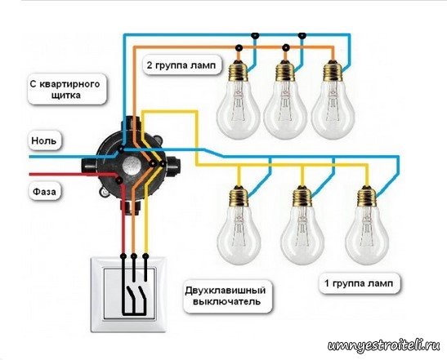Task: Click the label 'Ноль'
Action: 44,140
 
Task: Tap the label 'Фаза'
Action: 45,191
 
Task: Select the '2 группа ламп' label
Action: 181,65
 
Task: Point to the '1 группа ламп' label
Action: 359,283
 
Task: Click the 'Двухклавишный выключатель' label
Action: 226,296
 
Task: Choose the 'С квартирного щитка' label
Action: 66,90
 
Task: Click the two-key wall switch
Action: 128,294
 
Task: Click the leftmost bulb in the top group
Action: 239,99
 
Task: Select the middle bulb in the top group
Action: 285,99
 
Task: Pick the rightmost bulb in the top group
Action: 333,99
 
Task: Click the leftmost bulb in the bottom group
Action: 239,224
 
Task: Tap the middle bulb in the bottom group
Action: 302,224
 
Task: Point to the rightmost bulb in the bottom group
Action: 367,224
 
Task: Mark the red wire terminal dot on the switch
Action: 123,256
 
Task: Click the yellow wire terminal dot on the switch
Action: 145,256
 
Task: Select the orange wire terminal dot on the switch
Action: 133,256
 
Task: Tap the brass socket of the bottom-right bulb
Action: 367,196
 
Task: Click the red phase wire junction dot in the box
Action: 118,180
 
